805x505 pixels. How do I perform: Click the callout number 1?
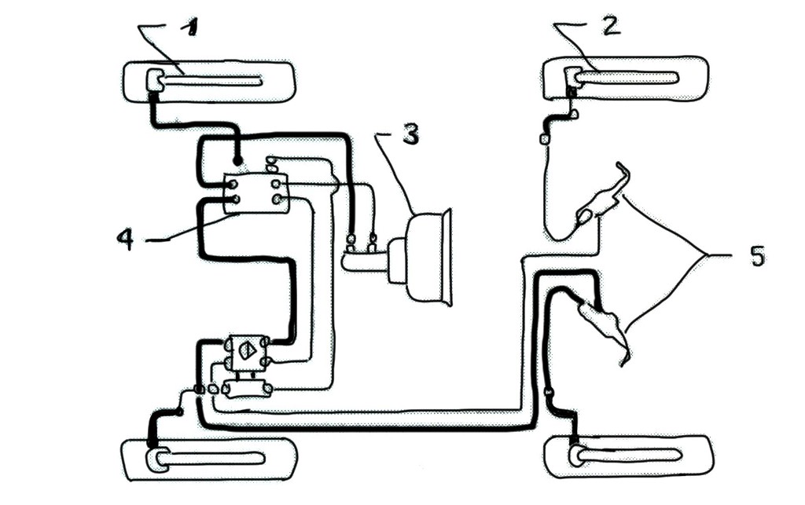pyautogui.click(x=190, y=27)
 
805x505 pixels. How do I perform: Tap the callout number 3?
pyautogui.click(x=410, y=133)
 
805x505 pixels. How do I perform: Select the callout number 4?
pyautogui.click(x=126, y=239)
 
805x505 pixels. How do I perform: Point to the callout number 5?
pyautogui.click(x=757, y=256)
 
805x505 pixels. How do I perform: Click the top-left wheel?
pyautogui.click(x=209, y=82)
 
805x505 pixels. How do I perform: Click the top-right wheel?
pyautogui.click(x=626, y=78)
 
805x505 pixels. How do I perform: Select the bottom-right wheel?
pyautogui.click(x=630, y=457)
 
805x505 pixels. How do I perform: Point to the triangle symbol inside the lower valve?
pyautogui.click(x=247, y=350)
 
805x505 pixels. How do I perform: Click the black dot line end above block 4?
pyautogui.click(x=237, y=162)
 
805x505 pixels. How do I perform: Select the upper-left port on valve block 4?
pyautogui.click(x=233, y=185)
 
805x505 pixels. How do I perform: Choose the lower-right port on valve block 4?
pyautogui.click(x=278, y=199)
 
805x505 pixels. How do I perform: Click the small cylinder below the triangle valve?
pyautogui.click(x=248, y=389)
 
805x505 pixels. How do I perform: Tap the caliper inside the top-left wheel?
pyautogui.click(x=154, y=81)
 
